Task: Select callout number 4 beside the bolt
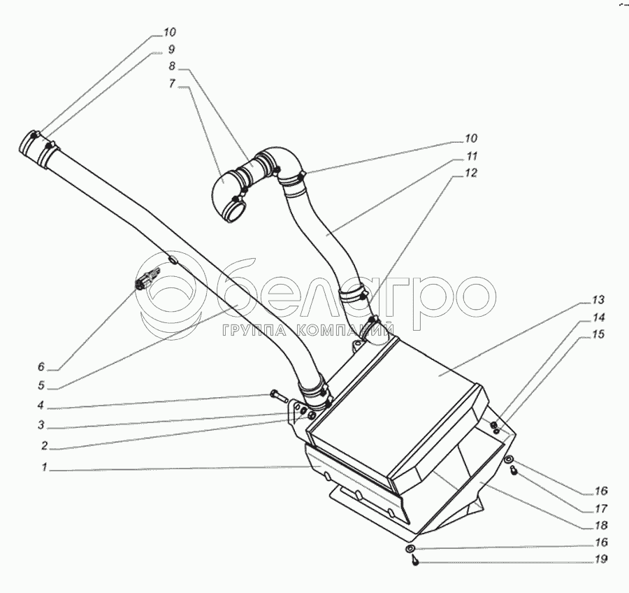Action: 43,404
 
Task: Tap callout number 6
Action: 41,366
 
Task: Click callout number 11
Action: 472,156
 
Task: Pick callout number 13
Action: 598,300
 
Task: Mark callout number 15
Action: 598,335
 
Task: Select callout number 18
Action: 602,524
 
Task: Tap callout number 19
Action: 602,559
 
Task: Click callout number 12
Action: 472,174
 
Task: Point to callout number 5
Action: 41,384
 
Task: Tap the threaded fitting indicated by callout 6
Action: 141,283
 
